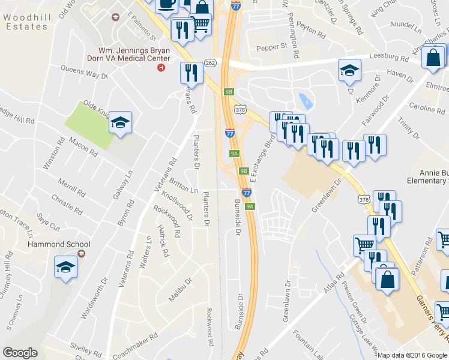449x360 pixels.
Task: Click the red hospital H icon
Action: pyautogui.click(x=160, y=67)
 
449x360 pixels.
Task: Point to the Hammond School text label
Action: pyautogui.click(x=58, y=244)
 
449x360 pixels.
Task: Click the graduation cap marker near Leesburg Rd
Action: pyautogui.click(x=349, y=70)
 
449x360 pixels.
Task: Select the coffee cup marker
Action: pyautogui.click(x=166, y=4)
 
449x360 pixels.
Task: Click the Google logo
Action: pyautogui.click(x=20, y=353)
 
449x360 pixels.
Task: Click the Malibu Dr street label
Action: pyautogui.click(x=179, y=288)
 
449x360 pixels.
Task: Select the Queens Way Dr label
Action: pyautogui.click(x=83, y=72)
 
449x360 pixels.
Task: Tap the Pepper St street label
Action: pyautogui.click(x=272, y=46)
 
